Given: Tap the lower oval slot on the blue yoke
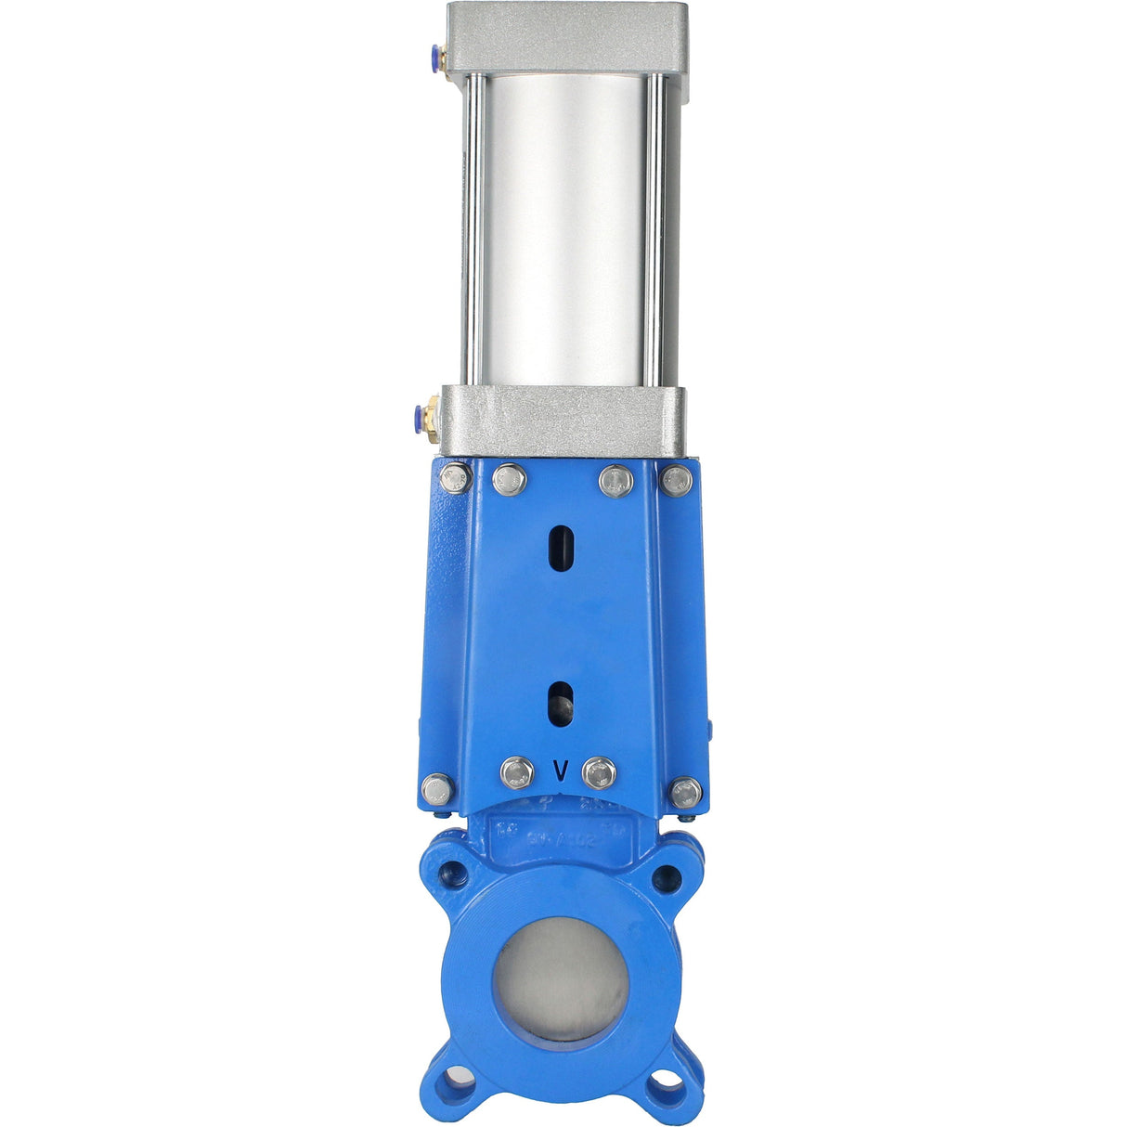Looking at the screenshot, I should pos(560,703).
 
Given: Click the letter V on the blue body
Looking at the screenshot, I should pos(560,771).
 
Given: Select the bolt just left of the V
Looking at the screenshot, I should pos(517,772).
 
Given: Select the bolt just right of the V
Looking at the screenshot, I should pos(600,772).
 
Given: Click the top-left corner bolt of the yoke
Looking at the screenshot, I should pos(456,478).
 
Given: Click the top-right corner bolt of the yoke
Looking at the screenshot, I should pos(677,479).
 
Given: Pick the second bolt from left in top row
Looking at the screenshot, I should pos(510,480).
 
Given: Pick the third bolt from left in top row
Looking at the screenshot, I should pos(616,480).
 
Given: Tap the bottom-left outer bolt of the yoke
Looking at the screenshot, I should pos(436,790).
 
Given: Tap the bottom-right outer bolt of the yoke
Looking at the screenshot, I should pos(686,792).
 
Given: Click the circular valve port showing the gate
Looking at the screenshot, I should pos(560,978).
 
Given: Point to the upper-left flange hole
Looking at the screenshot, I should pos(455,873).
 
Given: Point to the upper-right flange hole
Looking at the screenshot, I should pos(666,878).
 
